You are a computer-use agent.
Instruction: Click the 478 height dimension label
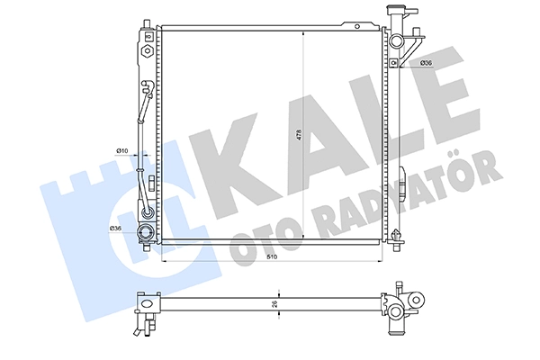[x=299, y=134]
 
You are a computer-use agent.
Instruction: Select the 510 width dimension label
[x=272, y=256]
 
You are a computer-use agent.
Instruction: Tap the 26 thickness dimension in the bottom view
[x=274, y=304]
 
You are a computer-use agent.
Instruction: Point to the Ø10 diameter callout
[x=121, y=150]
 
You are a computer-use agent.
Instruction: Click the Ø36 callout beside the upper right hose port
[x=426, y=63]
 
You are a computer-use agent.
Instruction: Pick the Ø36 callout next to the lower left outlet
[x=115, y=228]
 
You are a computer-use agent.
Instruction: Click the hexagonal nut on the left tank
[x=147, y=51]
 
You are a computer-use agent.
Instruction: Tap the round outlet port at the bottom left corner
[x=146, y=232]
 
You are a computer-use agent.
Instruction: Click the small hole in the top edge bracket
[x=357, y=26]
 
